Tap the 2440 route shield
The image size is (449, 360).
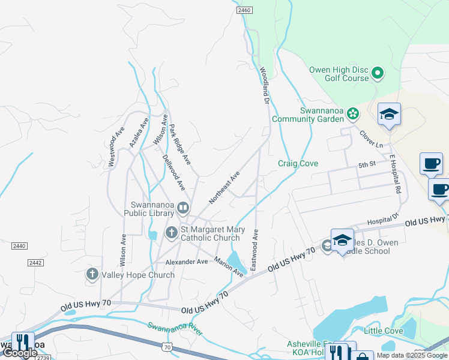19,246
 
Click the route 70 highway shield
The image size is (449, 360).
167,347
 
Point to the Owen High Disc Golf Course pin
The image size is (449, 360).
378,73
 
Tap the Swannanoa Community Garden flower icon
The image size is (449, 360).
354,112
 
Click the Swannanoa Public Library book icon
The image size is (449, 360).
183,208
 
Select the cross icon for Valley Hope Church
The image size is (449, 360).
92,275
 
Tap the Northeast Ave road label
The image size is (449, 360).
224,187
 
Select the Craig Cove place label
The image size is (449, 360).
298,164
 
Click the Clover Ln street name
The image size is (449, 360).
370,137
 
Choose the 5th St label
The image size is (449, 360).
367,164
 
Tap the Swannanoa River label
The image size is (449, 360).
176,329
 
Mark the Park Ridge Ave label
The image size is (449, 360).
179,145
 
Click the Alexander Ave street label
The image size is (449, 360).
187,262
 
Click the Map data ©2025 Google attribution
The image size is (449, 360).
412,355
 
